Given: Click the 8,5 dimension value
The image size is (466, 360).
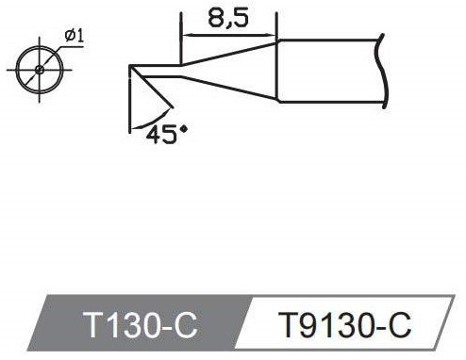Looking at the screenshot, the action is tap(228, 18).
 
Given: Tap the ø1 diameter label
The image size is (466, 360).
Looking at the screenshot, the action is tap(75, 36).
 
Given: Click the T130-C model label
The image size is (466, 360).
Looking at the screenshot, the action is tap(140, 324).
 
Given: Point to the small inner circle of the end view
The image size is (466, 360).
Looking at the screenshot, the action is tap(40, 70).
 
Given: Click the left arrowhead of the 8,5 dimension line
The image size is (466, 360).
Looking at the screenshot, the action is tap(186, 35).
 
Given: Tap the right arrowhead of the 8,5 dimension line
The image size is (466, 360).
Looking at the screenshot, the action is tap(272, 35).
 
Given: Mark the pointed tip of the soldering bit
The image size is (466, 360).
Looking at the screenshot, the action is tap(130, 66).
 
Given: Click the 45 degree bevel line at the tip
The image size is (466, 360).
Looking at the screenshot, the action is tap(152, 87).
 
